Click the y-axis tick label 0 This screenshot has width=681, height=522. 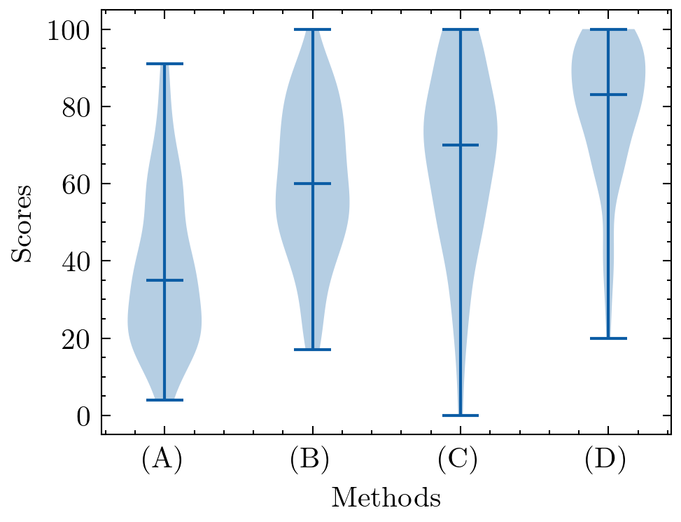coord(83,416)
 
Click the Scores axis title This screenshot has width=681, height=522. coord(22,223)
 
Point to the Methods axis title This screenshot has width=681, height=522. coord(386,498)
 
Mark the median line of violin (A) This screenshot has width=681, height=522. coord(164,280)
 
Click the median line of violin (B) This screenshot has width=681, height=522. coord(312,184)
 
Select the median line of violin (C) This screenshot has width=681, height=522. coord(460,145)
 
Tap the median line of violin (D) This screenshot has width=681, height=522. coord(608,95)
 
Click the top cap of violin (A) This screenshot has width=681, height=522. coord(164,64)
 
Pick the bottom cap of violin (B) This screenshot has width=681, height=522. coord(312,350)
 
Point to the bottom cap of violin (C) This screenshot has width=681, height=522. coord(460,415)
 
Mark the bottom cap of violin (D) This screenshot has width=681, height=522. coord(608,338)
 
